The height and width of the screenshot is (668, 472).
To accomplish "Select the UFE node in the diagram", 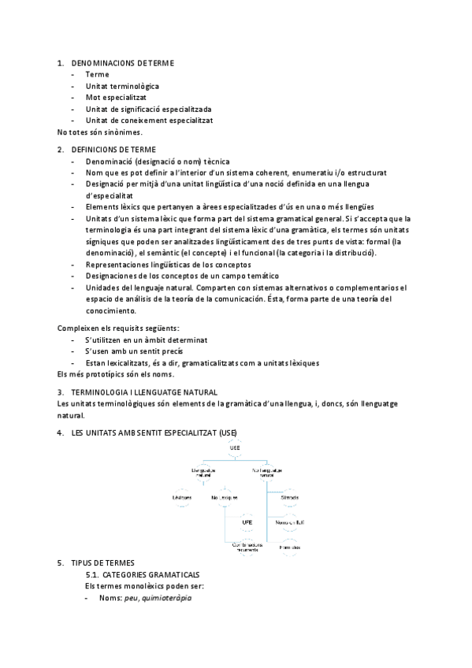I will [x=247, y=522].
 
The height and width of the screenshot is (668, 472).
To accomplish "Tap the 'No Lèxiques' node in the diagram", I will [x=225, y=498].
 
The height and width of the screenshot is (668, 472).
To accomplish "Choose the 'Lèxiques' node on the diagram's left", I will [x=182, y=498].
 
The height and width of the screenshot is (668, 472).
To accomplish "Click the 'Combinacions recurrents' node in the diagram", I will [x=247, y=547].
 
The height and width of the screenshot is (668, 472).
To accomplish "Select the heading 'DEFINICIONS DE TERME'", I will [x=113, y=149].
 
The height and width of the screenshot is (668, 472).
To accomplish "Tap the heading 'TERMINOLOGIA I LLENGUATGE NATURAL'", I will [x=143, y=392].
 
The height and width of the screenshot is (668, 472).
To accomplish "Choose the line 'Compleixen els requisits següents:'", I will [x=118, y=328].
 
